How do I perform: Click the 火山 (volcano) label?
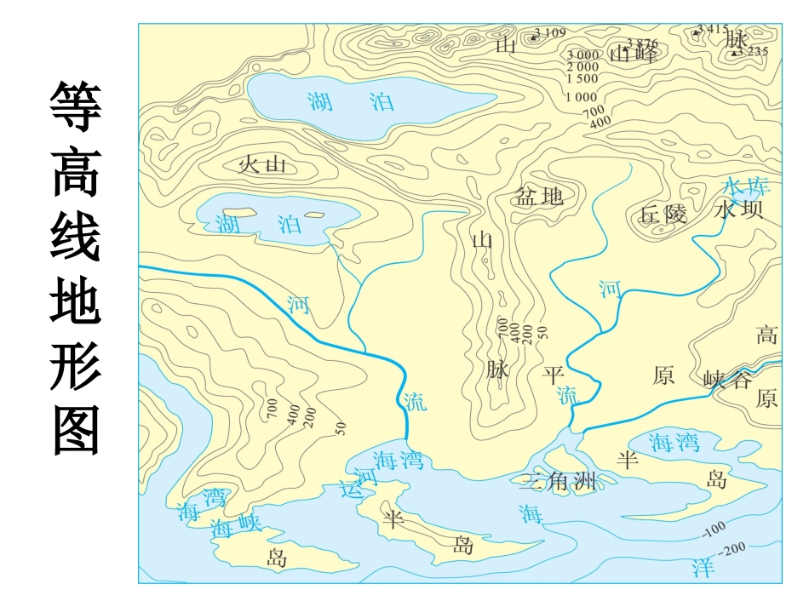click(x=262, y=164)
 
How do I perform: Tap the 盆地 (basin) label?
click(x=539, y=197)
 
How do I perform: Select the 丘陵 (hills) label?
click(x=663, y=214)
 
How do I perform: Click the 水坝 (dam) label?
click(x=739, y=210)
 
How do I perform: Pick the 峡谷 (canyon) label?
click(x=728, y=380)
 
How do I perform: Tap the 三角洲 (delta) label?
click(x=558, y=482)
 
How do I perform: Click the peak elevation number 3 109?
click(x=550, y=33)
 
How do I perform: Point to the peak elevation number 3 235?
click(x=753, y=51)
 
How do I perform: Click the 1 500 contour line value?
click(x=582, y=77)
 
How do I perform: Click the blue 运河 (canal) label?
click(x=358, y=483)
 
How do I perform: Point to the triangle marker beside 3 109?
click(x=534, y=37)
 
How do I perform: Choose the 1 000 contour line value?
click(x=582, y=97)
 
